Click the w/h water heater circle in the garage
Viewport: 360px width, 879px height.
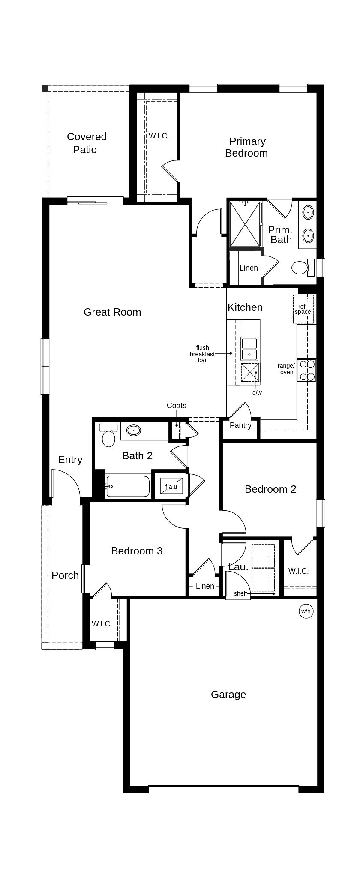click(x=306, y=611)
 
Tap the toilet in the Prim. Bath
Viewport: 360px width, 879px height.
click(x=303, y=268)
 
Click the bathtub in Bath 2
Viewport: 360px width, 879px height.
click(x=128, y=486)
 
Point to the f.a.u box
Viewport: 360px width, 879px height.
click(x=171, y=486)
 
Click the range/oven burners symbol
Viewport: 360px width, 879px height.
click(x=307, y=370)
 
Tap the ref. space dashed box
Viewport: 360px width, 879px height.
click(x=303, y=309)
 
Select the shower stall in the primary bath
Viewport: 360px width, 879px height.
click(x=245, y=224)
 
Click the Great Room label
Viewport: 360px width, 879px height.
click(x=112, y=312)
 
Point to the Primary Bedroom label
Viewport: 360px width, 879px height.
click(x=247, y=147)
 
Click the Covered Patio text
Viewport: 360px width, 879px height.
click(x=86, y=143)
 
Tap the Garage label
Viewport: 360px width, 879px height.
click(x=228, y=695)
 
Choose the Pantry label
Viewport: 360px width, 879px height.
click(x=240, y=425)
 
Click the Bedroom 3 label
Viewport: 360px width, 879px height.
click(x=137, y=551)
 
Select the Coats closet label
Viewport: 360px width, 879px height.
click(x=177, y=406)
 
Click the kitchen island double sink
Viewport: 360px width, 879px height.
click(x=249, y=349)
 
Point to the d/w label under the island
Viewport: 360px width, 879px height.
click(x=257, y=393)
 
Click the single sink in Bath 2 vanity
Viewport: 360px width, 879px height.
click(x=134, y=430)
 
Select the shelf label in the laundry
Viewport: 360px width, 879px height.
click(x=240, y=594)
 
